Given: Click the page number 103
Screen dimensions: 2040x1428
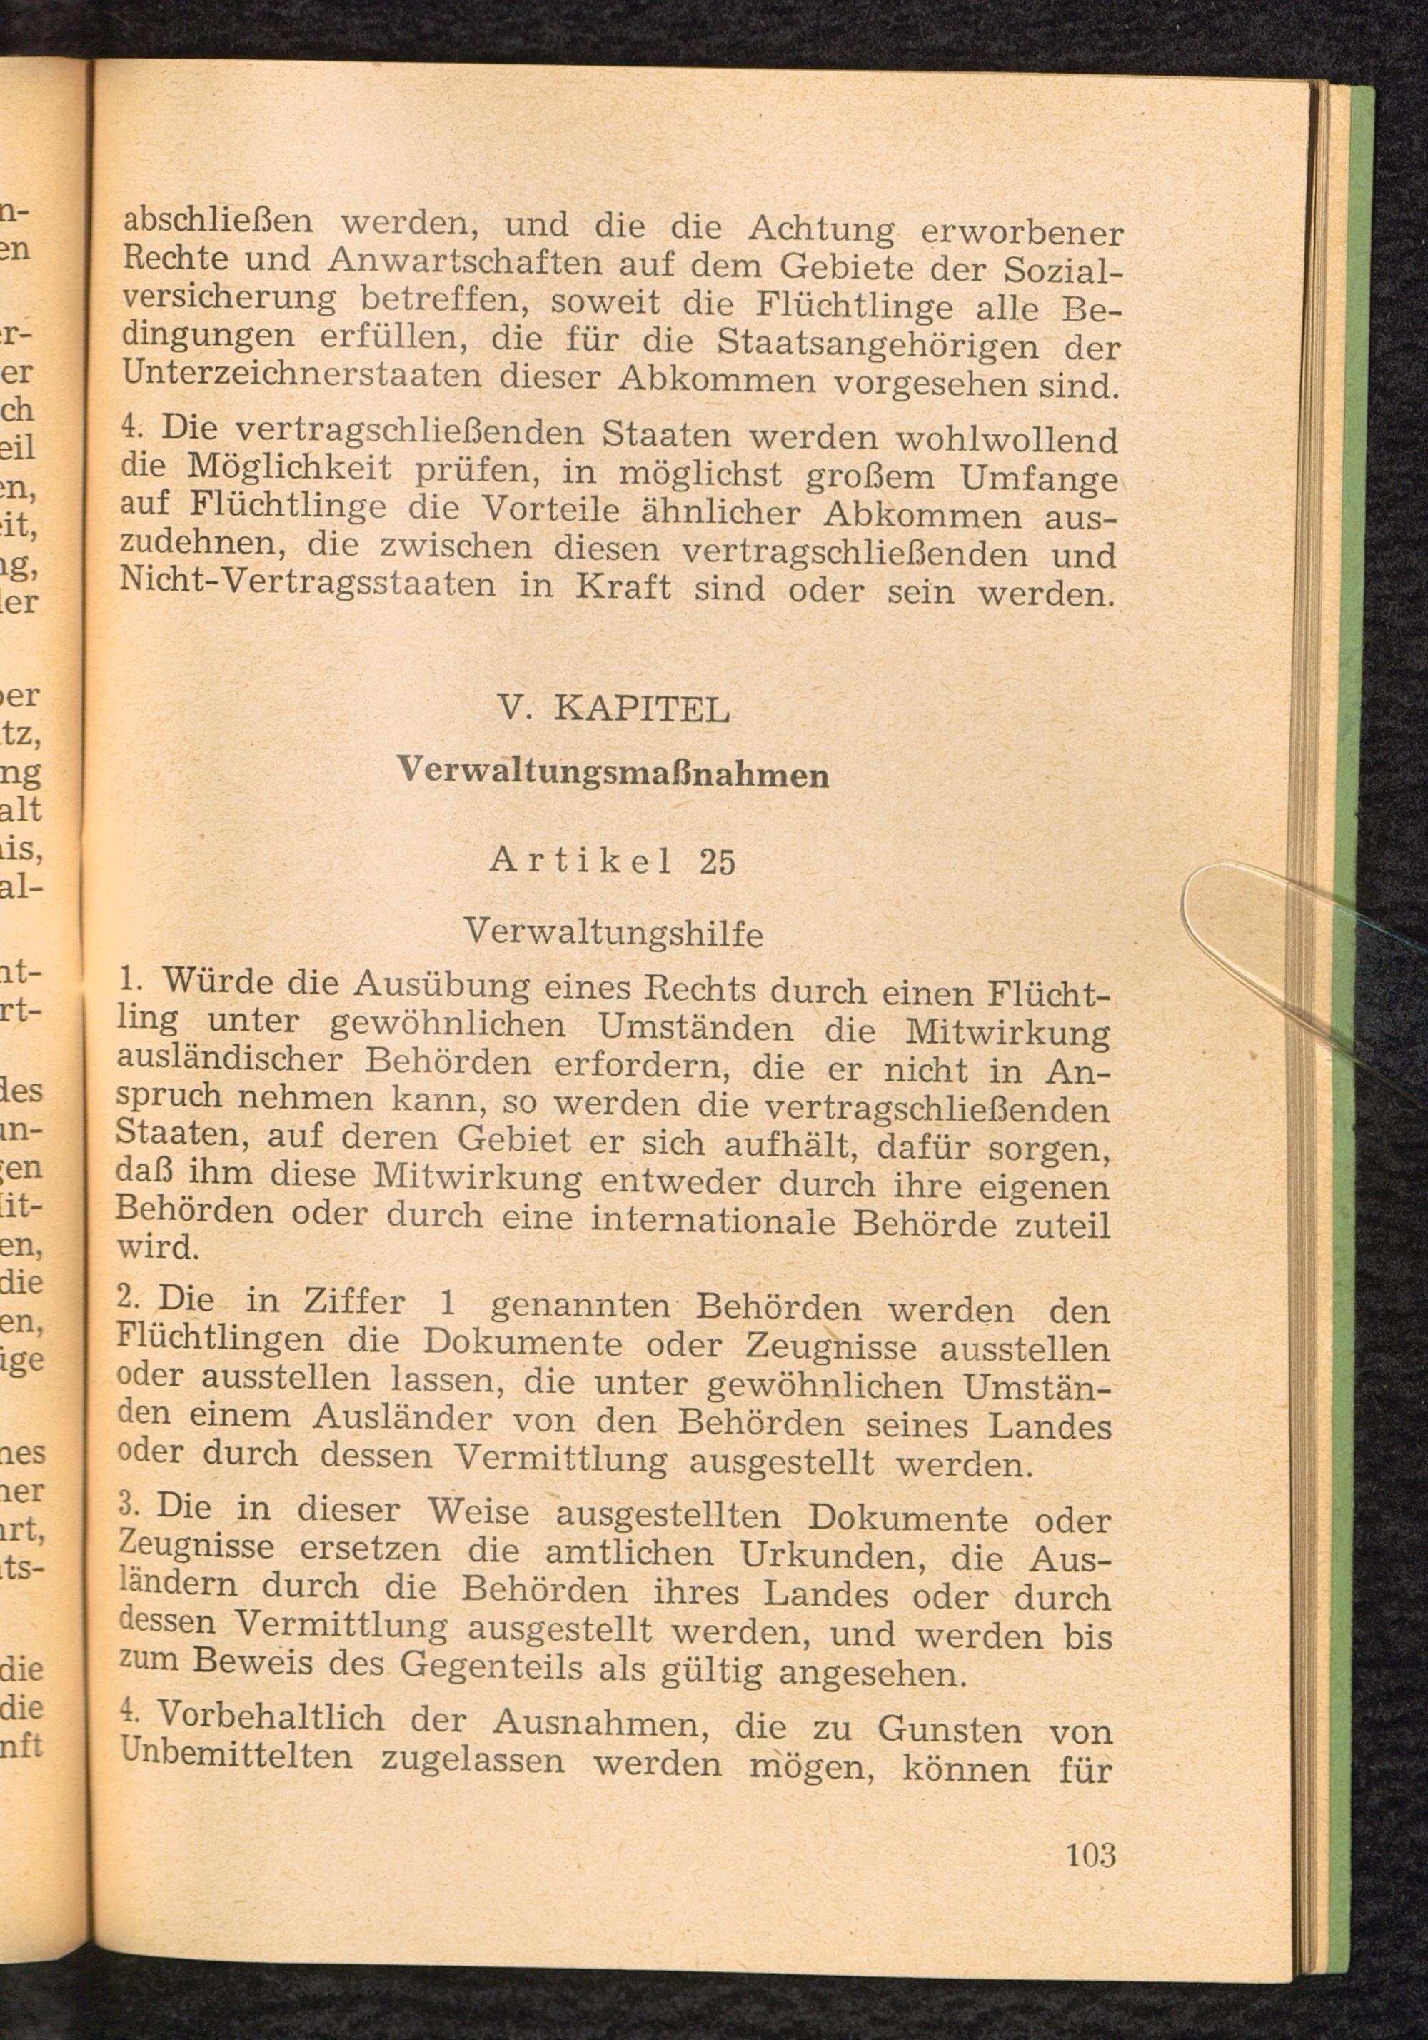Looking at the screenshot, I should coord(1090,1854).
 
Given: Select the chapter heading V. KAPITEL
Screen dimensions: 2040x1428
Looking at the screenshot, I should coord(613,709).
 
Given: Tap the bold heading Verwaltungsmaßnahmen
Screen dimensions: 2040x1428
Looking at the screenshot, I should coord(613,772).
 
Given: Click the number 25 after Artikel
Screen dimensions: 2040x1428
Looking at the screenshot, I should coord(718,863).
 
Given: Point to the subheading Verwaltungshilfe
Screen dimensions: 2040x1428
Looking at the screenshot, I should coord(613,933).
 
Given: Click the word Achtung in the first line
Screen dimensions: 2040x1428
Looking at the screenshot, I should coord(821,229).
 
